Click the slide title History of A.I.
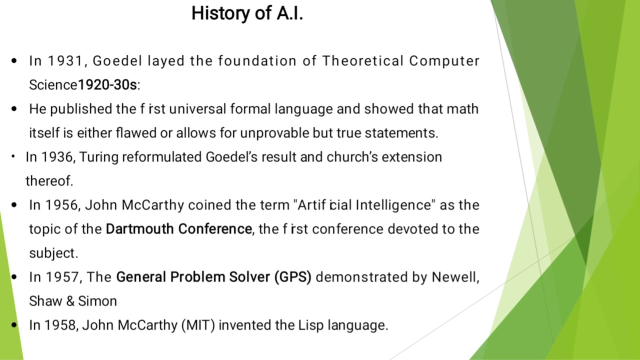pyautogui.click(x=247, y=13)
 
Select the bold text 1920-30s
pyautogui.click(x=107, y=85)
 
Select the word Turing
pyautogui.click(x=99, y=157)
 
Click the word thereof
pyautogui.click(x=49, y=181)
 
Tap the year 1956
pyautogui.click(x=62, y=205)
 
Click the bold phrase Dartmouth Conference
pyautogui.click(x=178, y=229)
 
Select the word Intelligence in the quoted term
pyautogui.click(x=392, y=205)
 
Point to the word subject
pyautogui.click(x=53, y=253)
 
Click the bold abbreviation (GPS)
pyautogui.click(x=292, y=277)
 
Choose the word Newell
pyautogui.click(x=455, y=277)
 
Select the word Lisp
pyautogui.click(x=311, y=325)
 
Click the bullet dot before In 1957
pyautogui.click(x=14, y=277)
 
